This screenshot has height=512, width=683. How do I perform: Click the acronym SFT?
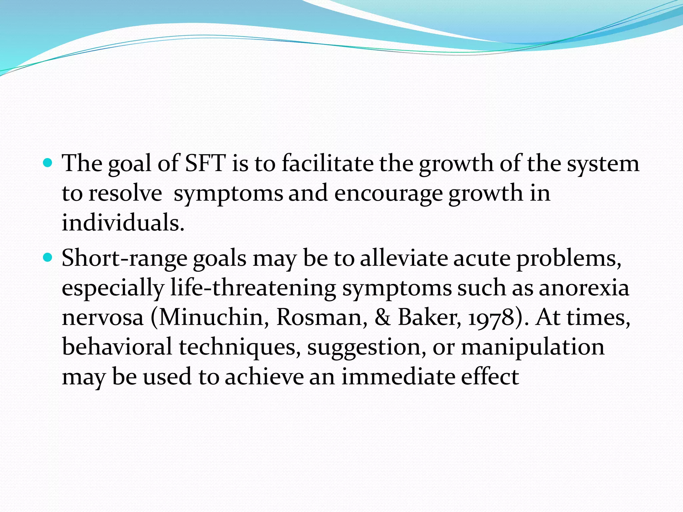[205, 163]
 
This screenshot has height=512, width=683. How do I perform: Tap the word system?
[603, 164]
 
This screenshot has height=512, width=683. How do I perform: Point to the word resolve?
[125, 193]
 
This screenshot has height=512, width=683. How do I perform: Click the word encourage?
[388, 194]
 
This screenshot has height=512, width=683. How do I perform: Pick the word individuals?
[123, 223]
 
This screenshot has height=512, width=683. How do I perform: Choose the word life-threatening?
[253, 288]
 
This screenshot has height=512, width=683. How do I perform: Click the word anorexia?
[584, 288]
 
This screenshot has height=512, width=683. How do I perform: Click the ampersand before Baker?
[383, 317]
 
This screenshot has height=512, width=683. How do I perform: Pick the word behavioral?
[117, 347]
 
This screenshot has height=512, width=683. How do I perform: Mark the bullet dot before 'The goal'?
[48, 163]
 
